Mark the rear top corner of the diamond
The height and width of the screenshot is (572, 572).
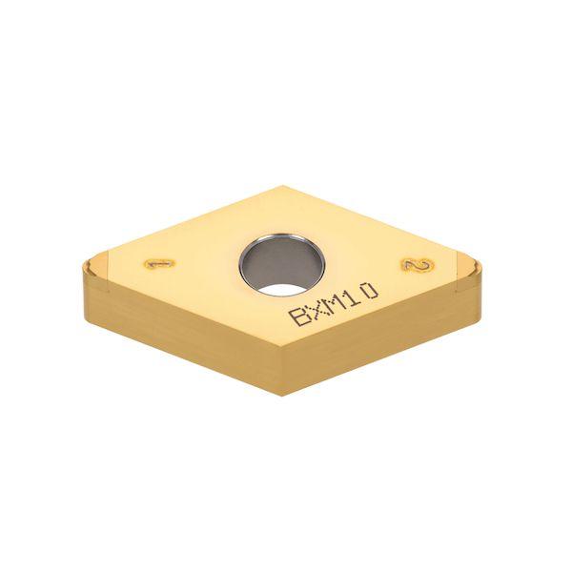point(285,186)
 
